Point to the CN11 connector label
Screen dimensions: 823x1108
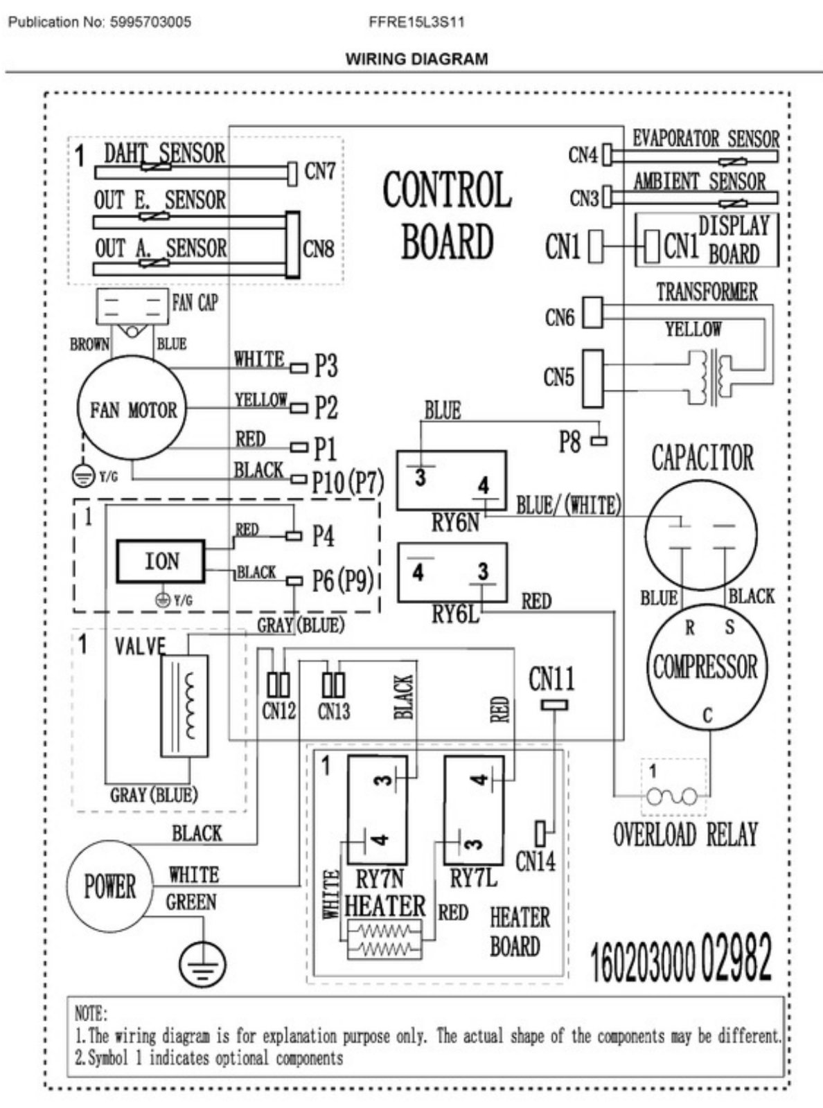[x=551, y=679]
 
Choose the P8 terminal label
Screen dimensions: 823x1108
[x=570, y=442]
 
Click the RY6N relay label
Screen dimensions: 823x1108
[x=454, y=523]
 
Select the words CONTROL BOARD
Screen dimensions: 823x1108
[x=448, y=215]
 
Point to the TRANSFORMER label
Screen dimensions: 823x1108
[x=707, y=292]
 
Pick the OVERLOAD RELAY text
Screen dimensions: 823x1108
[x=685, y=834]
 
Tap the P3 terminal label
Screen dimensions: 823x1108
[x=326, y=366]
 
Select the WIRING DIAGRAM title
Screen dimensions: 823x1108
[x=417, y=59]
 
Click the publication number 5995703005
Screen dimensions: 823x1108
[x=148, y=22]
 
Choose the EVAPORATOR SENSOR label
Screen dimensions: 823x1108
[x=705, y=138]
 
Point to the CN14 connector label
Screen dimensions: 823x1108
[x=536, y=861]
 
